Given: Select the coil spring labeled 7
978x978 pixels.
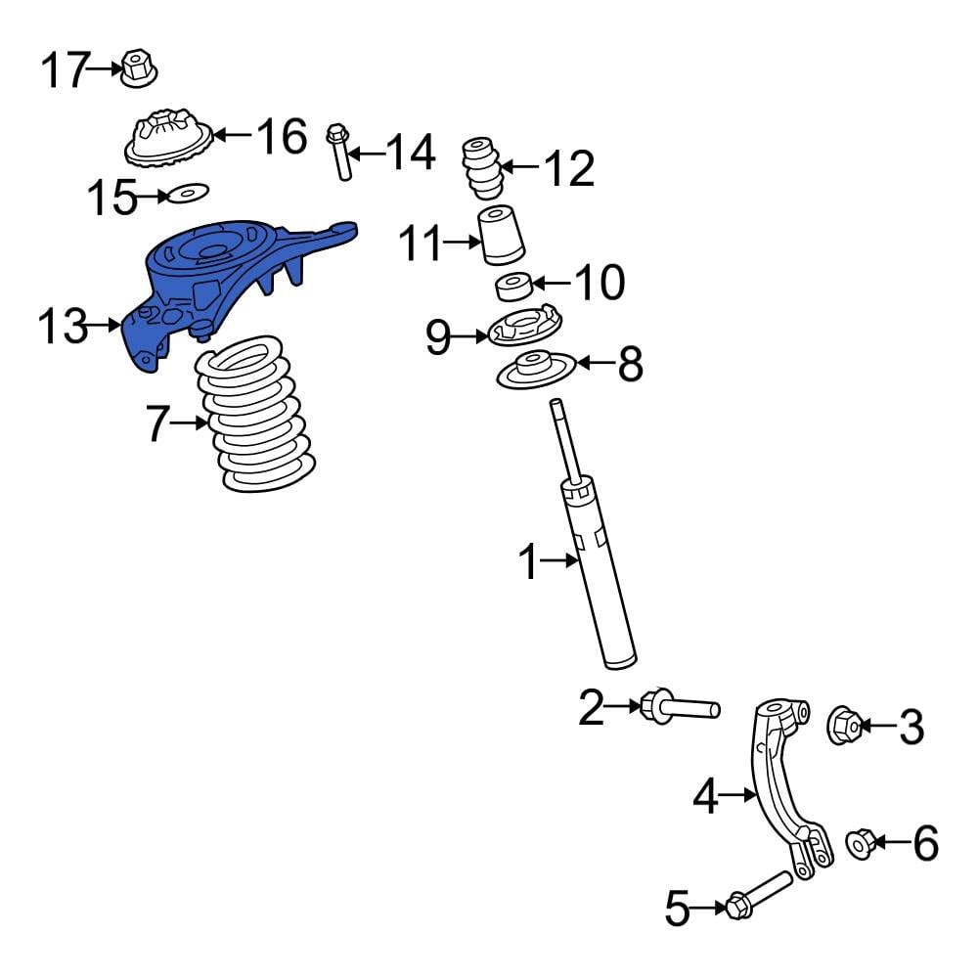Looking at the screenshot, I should pos(254,416).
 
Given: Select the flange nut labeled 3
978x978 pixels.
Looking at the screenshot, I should pos(845,725).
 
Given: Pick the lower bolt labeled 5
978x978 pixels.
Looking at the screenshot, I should pos(757,896).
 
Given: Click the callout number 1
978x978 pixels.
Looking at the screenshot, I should pos(528,562).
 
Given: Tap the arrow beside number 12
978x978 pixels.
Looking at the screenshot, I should pos(520,168).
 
